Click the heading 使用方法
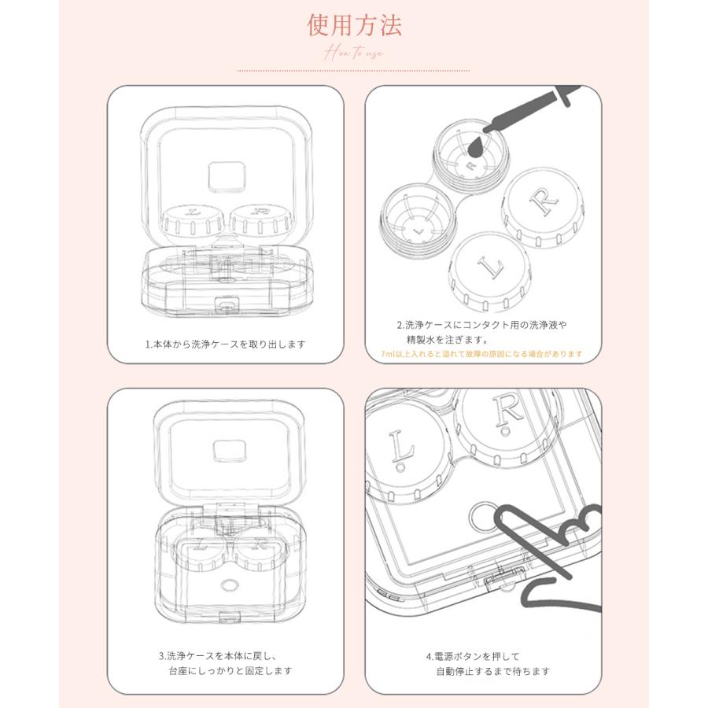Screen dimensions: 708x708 354,26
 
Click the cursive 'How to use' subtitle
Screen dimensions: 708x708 353,53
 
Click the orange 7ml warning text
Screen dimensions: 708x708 482,354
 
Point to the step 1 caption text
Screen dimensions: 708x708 225,344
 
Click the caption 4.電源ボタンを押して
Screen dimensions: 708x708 474,655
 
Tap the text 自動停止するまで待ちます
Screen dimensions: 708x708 492,671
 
